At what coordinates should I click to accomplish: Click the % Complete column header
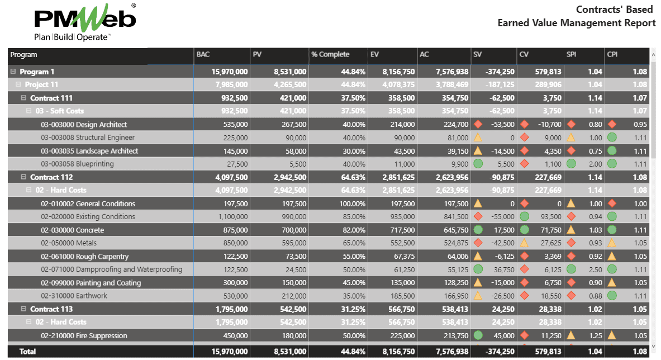click(x=330, y=55)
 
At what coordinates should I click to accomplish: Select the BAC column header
click(x=203, y=55)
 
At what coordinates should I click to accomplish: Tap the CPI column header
click(x=613, y=55)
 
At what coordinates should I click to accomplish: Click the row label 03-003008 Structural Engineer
click(x=88, y=138)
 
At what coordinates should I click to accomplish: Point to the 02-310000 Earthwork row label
click(x=74, y=296)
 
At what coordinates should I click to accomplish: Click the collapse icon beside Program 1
click(x=13, y=72)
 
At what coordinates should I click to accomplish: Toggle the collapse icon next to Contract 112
click(x=23, y=177)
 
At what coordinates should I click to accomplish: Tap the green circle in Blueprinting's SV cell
click(x=478, y=164)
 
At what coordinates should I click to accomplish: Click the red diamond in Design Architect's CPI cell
click(x=612, y=125)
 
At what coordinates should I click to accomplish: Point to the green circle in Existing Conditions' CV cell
click(x=525, y=217)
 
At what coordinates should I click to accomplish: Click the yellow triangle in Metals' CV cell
click(x=525, y=243)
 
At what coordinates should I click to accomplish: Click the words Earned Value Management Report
click(x=577, y=23)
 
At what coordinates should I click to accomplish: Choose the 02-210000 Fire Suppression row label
click(x=84, y=336)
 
